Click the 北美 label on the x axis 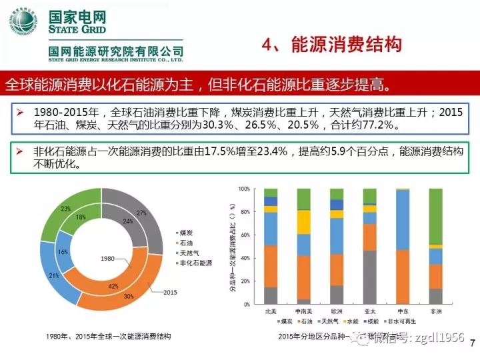pyautogui.click(x=270, y=312)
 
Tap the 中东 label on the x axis pyautogui.click(x=402, y=312)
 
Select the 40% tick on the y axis pyautogui.click(x=245, y=259)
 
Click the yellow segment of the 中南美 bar pyautogui.click(x=303, y=222)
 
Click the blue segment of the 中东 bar pyautogui.click(x=402, y=220)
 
